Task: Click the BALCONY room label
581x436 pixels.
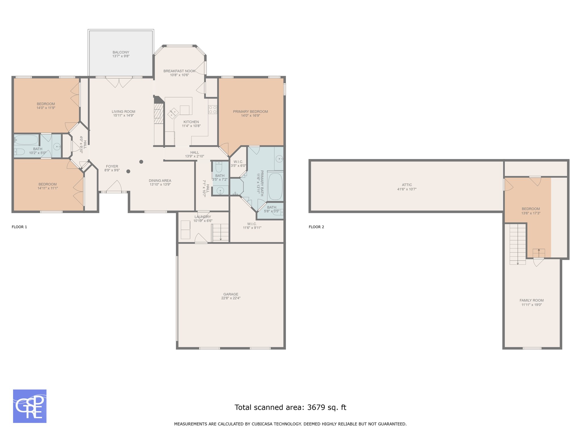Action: pos(121,52)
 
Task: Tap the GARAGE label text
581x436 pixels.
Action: pos(231,294)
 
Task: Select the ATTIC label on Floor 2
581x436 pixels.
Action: pos(407,185)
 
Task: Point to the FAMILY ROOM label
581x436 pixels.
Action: pos(532,300)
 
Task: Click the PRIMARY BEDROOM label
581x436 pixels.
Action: pos(250,112)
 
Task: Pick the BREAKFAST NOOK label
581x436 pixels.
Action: pos(179,71)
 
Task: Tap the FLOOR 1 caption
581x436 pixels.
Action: pos(19,227)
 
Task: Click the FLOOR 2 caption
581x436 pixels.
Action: pos(316,227)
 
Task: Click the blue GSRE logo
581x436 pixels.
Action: pos(30,406)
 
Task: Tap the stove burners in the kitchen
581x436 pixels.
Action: pos(213,110)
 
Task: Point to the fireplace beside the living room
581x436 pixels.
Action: pos(159,114)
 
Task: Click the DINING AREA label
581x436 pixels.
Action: pos(160,181)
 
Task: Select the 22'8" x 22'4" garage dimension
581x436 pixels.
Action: pos(231,298)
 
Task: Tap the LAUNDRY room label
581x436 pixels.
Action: pos(203,217)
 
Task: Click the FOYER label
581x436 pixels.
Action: pos(112,167)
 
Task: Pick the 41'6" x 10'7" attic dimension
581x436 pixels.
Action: pos(407,189)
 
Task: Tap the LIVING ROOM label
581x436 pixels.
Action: pos(123,112)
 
